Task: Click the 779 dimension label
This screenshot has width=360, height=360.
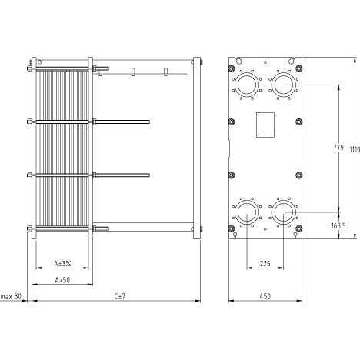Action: point(338,148)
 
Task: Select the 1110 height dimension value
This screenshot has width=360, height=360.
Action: point(355,150)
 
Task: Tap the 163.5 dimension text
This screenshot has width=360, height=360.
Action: point(338,225)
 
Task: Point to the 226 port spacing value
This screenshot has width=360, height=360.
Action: point(265,263)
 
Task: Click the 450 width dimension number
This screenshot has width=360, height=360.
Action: point(265,296)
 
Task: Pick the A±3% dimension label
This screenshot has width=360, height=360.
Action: point(62,263)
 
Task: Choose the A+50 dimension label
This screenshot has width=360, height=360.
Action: point(62,280)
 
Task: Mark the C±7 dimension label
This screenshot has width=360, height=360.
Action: point(120,296)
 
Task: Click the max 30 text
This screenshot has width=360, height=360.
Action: point(11,296)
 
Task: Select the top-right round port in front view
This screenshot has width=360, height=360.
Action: point(284,85)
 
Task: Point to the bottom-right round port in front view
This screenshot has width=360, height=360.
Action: point(284,212)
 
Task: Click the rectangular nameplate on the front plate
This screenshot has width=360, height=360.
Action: point(265,125)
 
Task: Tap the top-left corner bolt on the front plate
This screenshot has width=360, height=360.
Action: point(232,68)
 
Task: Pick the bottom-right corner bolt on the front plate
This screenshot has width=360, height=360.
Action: point(299,228)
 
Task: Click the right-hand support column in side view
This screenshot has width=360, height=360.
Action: point(197,148)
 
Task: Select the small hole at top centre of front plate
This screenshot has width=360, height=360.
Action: point(265,62)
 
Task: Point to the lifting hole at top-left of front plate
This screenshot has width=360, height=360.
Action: point(239,61)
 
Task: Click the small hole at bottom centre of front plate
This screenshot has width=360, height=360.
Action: point(265,229)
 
